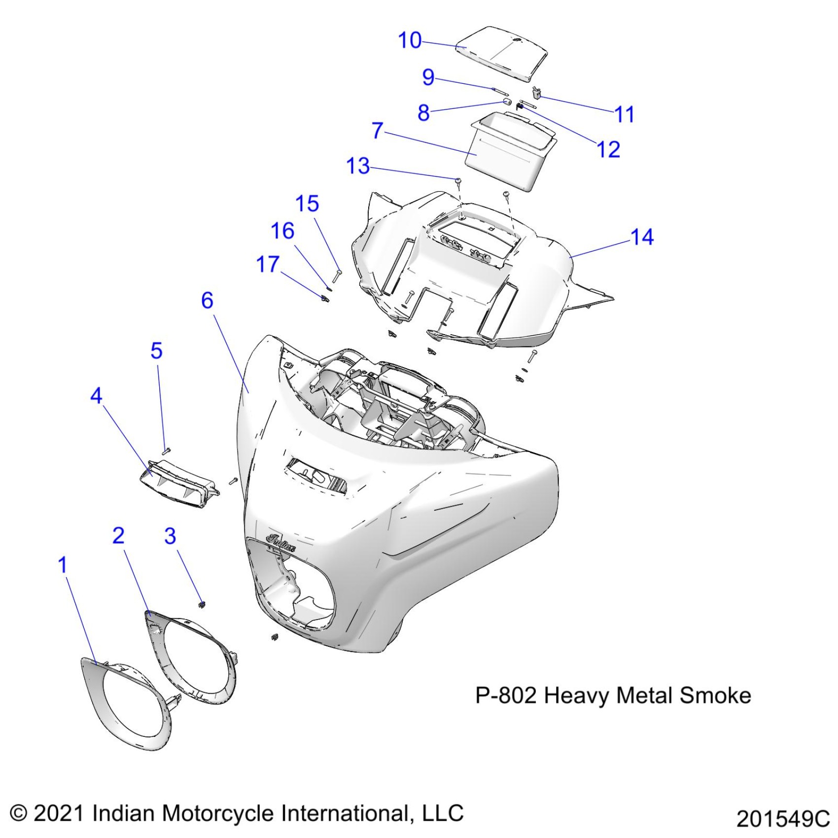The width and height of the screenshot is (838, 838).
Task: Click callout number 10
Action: pos(410,40)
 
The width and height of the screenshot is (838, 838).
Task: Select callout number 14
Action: pos(642,237)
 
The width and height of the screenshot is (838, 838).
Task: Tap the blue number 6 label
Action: pos(207,300)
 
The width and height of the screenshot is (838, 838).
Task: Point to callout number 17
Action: pos(268,265)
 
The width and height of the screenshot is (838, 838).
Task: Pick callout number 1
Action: pos(62,565)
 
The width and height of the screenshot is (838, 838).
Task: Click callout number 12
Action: pos(608,149)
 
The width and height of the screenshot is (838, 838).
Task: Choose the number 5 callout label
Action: pos(156,351)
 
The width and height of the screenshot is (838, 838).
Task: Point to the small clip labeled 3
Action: pos(202,604)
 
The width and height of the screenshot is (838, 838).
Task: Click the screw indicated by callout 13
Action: pos(458,182)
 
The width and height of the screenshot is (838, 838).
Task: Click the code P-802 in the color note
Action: pos(505,696)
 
